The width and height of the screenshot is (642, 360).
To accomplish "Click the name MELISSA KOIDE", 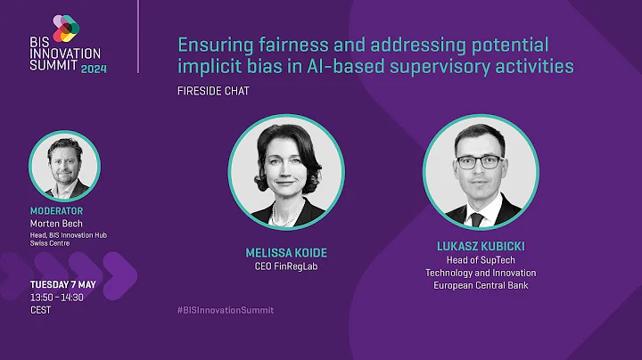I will click(x=286, y=251).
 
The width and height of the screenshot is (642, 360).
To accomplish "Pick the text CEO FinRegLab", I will click(x=286, y=266).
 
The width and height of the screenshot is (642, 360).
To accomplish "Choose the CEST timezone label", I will click(x=40, y=309).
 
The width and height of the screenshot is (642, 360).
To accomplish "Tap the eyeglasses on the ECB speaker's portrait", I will click(x=479, y=163).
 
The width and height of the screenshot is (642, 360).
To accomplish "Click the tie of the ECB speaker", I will click(x=477, y=217).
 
